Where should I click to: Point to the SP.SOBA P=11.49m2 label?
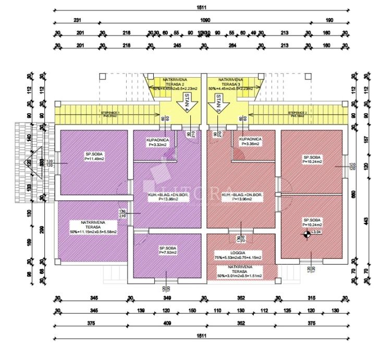coord(95,157)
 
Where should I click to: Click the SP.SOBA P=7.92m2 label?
coord(167,250)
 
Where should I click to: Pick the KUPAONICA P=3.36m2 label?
coord(250,142)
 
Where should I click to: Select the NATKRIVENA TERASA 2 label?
coord(175,81)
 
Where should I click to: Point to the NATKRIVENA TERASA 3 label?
coord(230,81)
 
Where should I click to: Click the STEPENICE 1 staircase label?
coord(110,113)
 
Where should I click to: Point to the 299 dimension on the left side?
coord(42,228)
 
